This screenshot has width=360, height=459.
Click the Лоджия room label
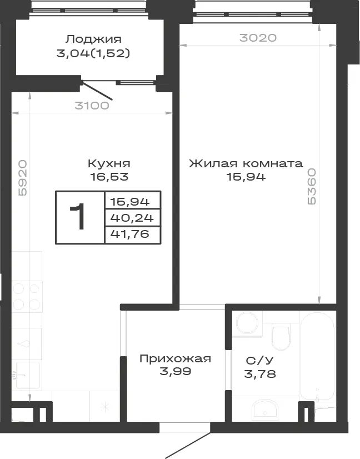(x=93, y=39)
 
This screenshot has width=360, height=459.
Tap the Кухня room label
(x=109, y=163)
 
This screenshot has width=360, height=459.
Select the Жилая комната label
(x=246, y=163)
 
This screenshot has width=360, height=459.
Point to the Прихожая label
(x=175, y=358)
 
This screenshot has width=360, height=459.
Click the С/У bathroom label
(x=259, y=361)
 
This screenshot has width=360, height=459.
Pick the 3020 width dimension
(x=258, y=38)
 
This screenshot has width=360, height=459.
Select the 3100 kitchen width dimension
(x=92, y=106)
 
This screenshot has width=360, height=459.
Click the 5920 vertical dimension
(x=23, y=178)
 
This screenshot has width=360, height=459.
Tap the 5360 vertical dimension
(x=312, y=187)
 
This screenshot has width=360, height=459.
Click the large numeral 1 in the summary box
(x=78, y=217)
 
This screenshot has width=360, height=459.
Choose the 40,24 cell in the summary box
(x=132, y=218)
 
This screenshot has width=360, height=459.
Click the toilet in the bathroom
(x=281, y=336)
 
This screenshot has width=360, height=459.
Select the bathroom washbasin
(x=265, y=410)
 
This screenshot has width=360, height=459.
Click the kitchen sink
(x=28, y=375)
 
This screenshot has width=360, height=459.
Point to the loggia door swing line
(x=97, y=91)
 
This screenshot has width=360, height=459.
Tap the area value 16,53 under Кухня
(x=109, y=177)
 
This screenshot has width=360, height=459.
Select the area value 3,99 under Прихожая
(x=176, y=371)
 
